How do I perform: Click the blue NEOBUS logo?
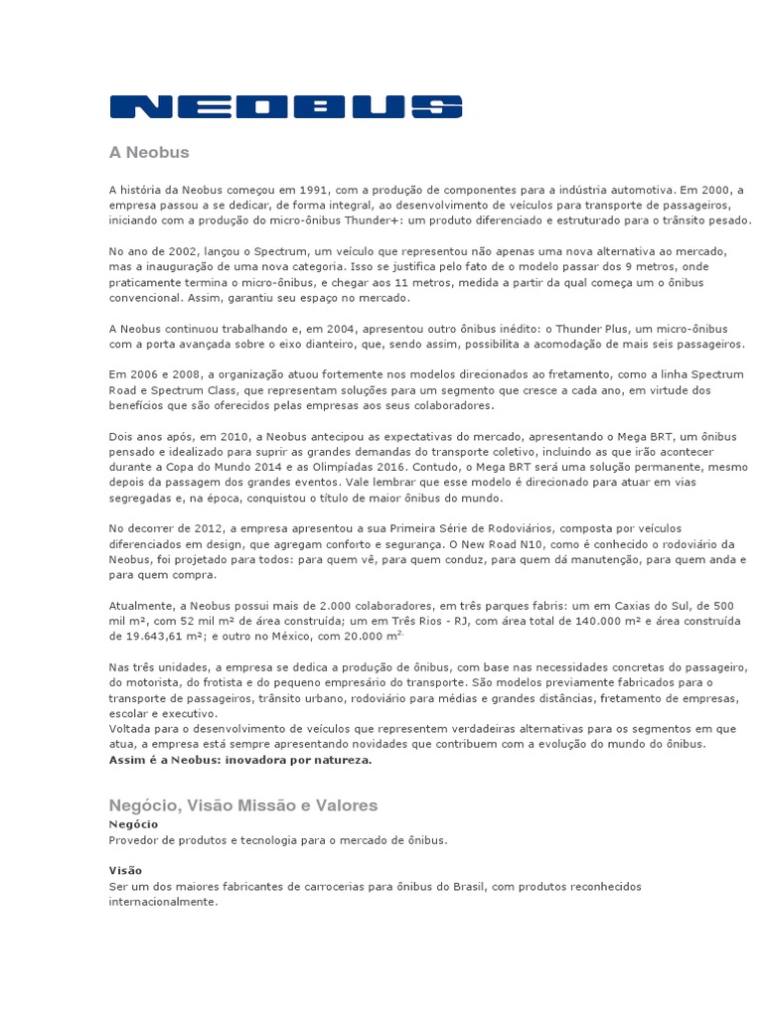[285, 106]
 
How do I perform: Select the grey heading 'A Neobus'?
[148, 153]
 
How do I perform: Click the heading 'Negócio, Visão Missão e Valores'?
[242, 804]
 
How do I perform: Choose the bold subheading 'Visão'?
[125, 870]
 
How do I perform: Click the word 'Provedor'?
[133, 839]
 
